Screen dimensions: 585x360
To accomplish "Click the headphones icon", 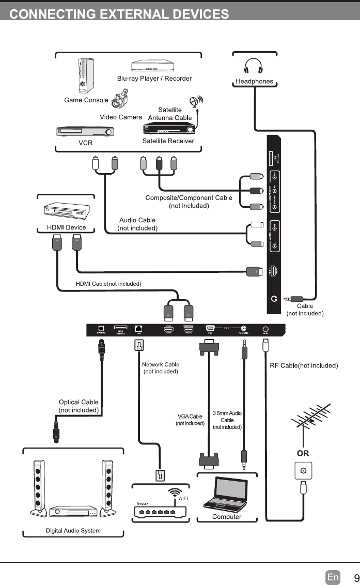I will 254,67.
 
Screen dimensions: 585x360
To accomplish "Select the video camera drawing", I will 120,99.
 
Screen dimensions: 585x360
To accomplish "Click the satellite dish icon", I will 196,102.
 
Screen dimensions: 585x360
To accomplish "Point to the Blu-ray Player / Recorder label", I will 154,79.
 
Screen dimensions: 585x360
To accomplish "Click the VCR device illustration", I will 86,131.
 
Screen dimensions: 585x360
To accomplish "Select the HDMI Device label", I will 67,227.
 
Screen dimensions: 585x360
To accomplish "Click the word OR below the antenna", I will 303,453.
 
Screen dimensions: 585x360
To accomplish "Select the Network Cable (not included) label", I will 161,368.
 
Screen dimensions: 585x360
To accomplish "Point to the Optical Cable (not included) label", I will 79,406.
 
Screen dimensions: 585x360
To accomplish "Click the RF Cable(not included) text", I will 304,366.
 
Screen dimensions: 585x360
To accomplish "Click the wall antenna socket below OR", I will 303,471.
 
